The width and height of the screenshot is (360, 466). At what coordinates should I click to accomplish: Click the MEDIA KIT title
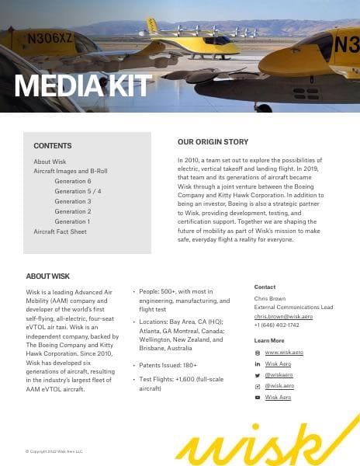(x=82, y=85)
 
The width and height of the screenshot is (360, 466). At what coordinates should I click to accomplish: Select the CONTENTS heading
(x=53, y=145)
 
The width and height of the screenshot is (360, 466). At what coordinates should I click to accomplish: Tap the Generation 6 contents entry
(x=73, y=181)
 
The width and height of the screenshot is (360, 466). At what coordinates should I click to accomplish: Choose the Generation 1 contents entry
(x=73, y=221)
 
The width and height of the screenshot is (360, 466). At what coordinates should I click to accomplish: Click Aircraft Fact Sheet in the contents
(x=60, y=231)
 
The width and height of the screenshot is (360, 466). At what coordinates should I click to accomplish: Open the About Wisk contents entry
(x=50, y=162)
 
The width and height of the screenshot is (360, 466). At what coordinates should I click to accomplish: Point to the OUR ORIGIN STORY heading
(x=213, y=142)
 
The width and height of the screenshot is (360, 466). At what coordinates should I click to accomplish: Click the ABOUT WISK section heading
(x=47, y=276)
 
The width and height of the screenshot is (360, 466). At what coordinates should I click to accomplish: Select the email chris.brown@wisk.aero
(x=282, y=317)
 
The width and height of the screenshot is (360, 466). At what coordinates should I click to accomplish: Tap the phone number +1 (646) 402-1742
(x=277, y=325)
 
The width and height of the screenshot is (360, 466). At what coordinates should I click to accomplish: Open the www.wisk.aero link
(x=284, y=353)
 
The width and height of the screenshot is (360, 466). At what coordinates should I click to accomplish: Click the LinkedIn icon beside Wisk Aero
(x=258, y=363)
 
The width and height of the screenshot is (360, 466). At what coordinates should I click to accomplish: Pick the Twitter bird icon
(x=258, y=374)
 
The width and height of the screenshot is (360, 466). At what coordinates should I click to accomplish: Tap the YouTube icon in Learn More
(x=258, y=397)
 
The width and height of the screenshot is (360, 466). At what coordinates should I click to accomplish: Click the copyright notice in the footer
(x=54, y=450)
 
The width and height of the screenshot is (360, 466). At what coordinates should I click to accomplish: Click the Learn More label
(x=269, y=341)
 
